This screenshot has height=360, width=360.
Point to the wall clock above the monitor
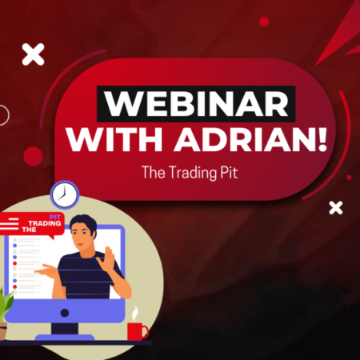tap(64, 194)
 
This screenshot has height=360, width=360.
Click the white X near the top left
tap(33, 54)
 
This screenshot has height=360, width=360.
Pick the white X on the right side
tap(336, 208)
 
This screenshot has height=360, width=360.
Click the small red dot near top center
tap(263, 22)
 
